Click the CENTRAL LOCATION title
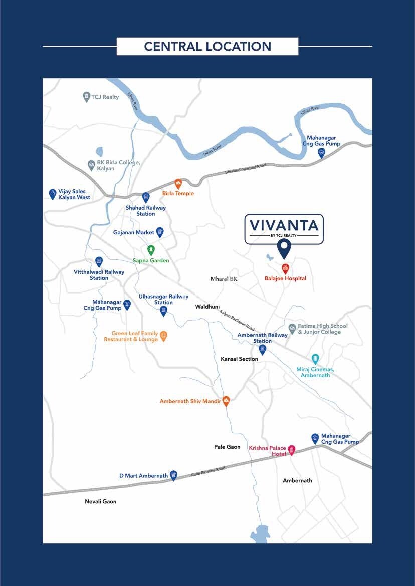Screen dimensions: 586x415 [x=207, y=47]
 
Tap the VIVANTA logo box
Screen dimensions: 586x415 [x=284, y=229]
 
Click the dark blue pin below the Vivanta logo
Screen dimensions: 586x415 [x=284, y=247]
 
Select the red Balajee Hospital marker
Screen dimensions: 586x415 [x=285, y=268]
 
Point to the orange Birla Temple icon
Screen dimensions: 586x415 [x=178, y=184]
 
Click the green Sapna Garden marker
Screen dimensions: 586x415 [x=150, y=250]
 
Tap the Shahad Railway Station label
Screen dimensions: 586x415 [x=146, y=211]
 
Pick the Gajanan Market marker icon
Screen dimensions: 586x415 [x=160, y=232]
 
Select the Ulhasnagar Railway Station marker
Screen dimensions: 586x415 [x=163, y=311]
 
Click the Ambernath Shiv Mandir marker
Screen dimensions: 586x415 [x=226, y=401]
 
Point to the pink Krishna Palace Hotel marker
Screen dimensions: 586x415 [x=291, y=450]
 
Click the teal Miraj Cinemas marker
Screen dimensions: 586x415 [x=315, y=359]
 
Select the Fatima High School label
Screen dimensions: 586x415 [x=322, y=329]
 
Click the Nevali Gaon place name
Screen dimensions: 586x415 [x=100, y=501]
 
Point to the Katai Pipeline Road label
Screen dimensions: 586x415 [x=209, y=471]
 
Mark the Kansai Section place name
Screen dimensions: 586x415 [x=239, y=359]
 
